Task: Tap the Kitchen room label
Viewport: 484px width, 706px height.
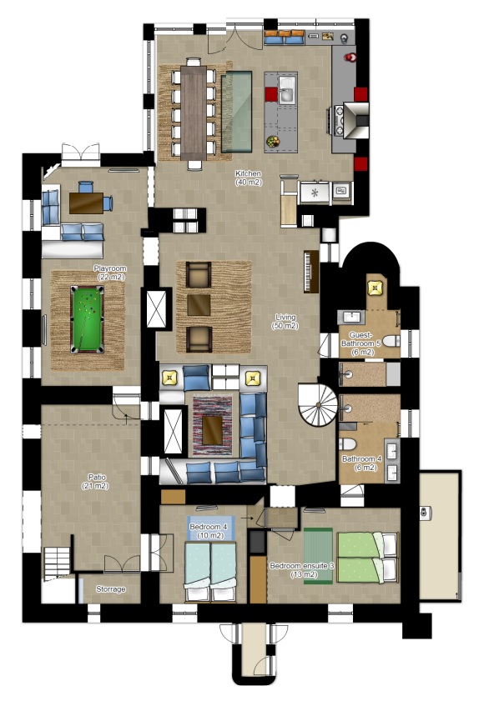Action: (249, 178)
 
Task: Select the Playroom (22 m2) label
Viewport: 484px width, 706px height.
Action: (109, 273)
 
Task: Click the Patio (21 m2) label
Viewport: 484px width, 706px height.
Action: (97, 481)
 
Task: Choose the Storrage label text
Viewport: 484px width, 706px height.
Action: (110, 589)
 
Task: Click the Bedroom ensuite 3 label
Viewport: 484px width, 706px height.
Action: (301, 569)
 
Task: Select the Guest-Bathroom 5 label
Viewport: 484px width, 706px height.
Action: (366, 343)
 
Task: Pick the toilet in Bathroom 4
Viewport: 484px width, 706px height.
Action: (347, 443)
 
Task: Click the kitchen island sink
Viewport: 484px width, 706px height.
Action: (285, 90)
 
